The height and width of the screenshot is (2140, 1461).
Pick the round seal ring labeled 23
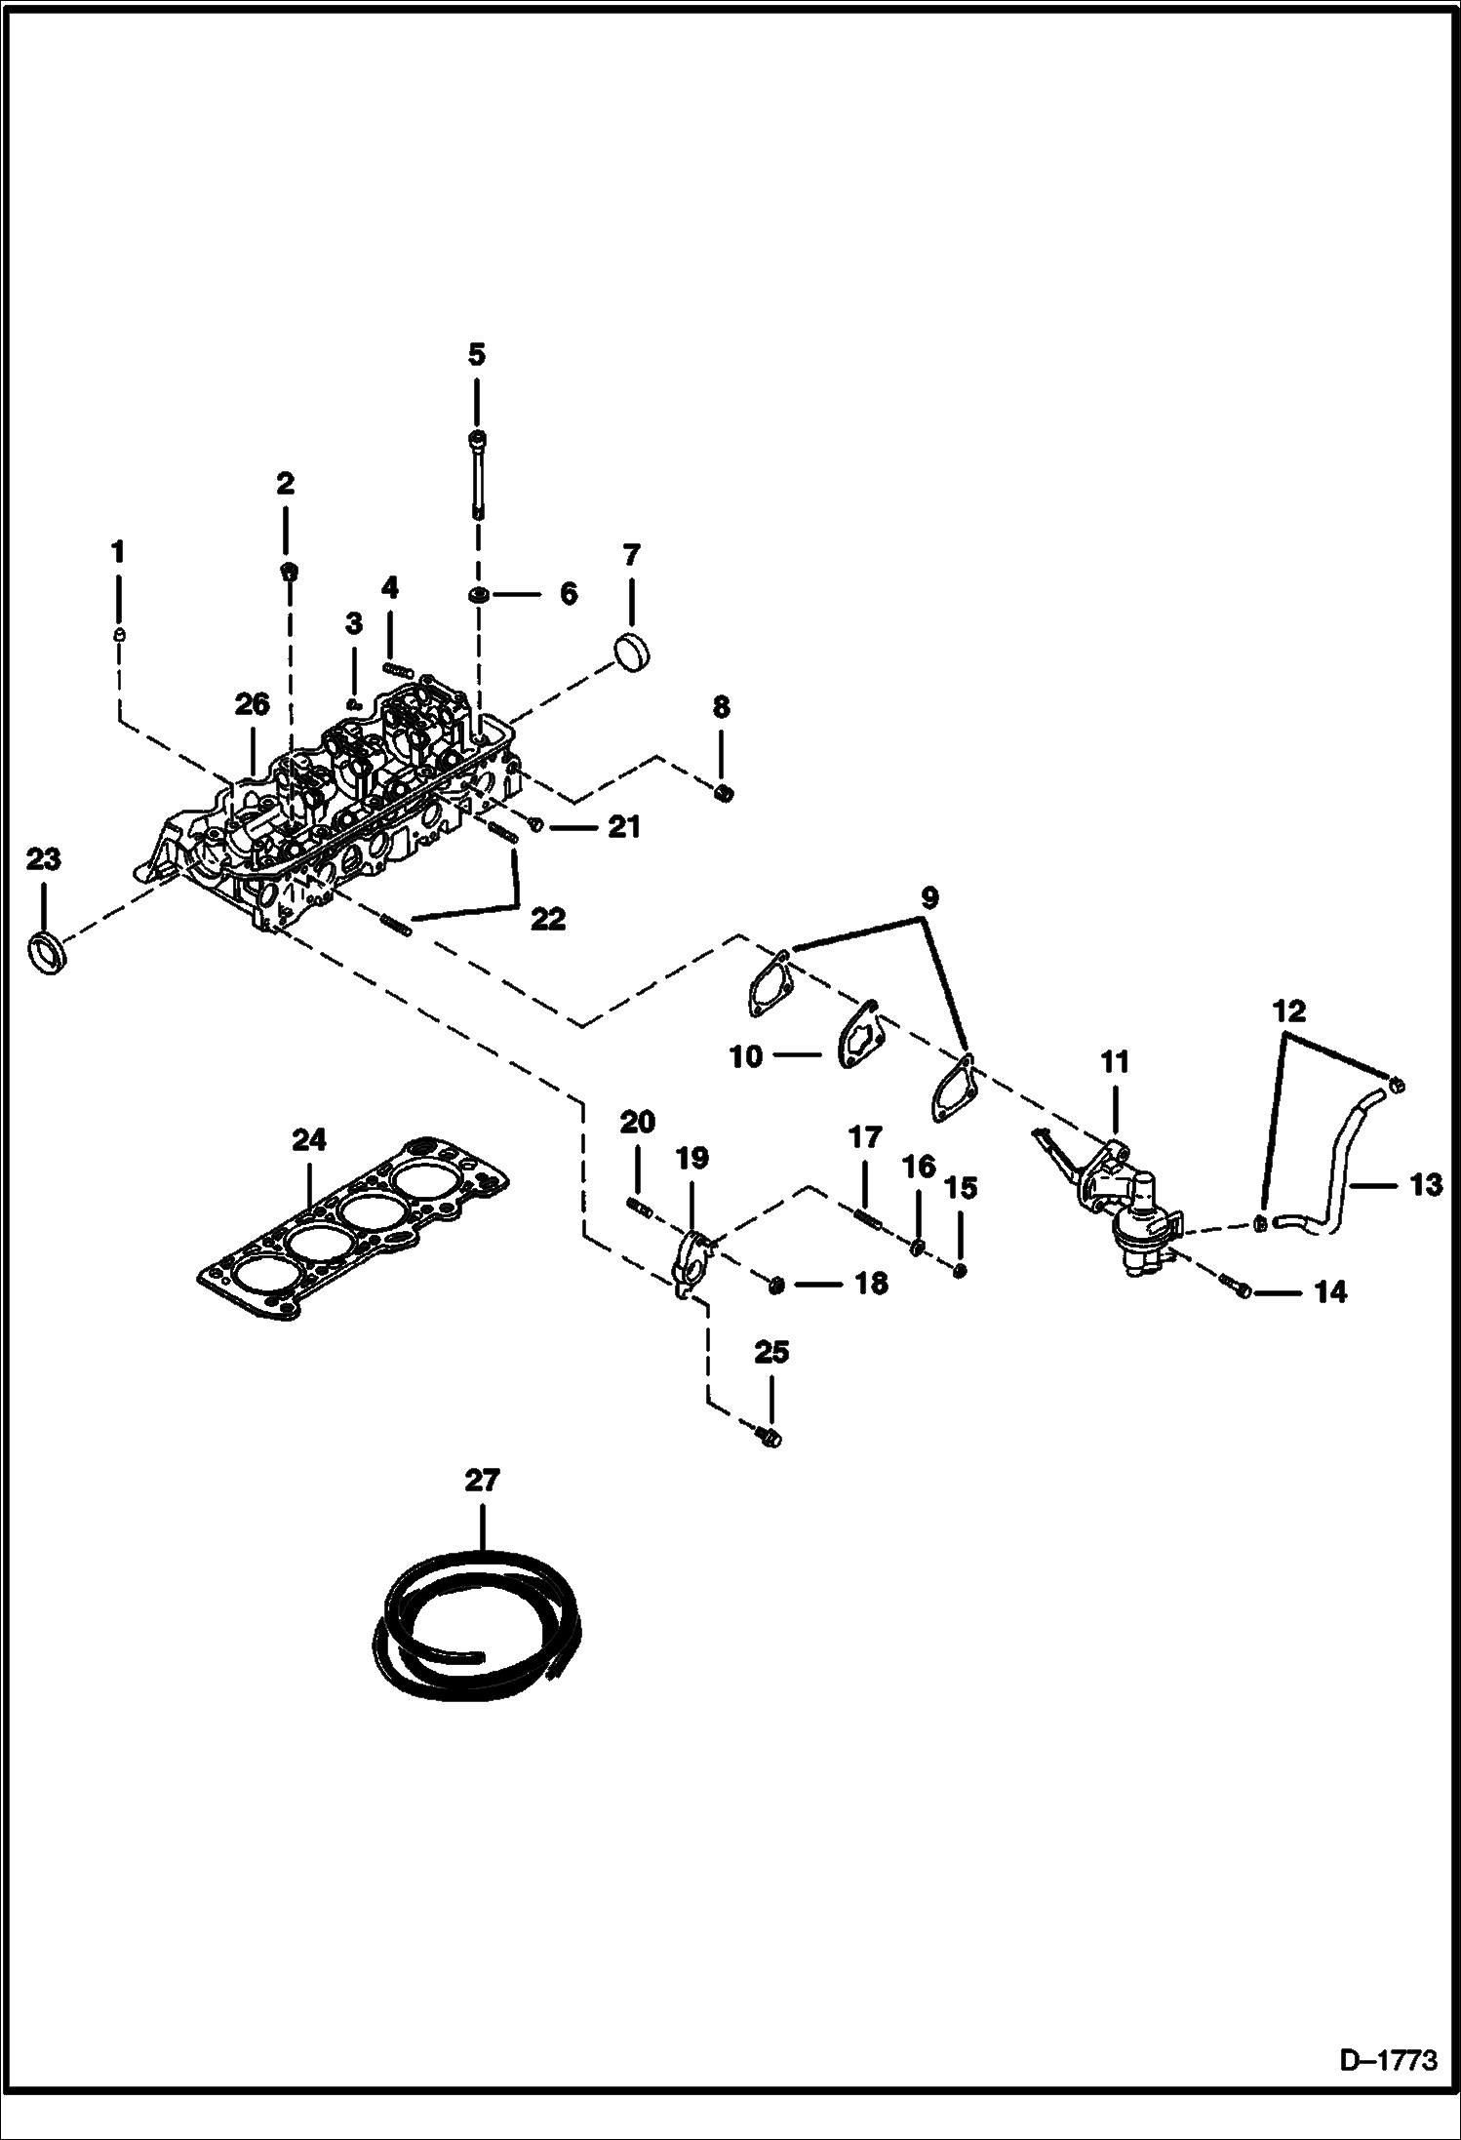pos(48,951)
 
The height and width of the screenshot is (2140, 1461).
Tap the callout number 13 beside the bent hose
pos(1425,1184)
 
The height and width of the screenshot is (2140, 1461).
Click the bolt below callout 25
pos(770,1436)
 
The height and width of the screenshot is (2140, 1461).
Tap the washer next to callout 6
pos(479,594)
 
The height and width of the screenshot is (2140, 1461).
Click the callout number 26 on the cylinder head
pos(252,704)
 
